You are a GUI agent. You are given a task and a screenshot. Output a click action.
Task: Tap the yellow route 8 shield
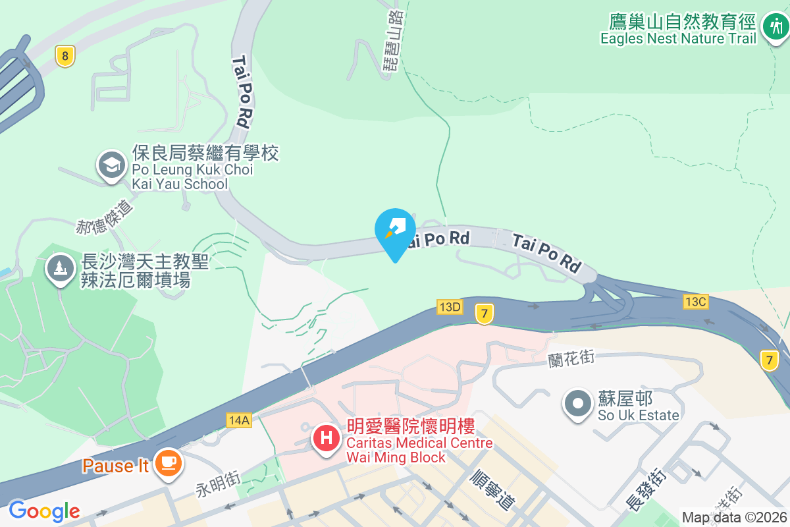pyautogui.click(x=64, y=56)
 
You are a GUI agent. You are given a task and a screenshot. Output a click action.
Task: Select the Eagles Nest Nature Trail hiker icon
pyautogui.click(x=774, y=27)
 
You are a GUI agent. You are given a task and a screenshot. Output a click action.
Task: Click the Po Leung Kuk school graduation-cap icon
pyautogui.click(x=113, y=165)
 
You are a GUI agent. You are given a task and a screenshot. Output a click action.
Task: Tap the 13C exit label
pyautogui.click(x=695, y=301)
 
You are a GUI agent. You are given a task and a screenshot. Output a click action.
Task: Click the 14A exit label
pyautogui.click(x=239, y=420)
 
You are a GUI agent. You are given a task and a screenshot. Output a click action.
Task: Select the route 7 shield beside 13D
pyautogui.click(x=485, y=314)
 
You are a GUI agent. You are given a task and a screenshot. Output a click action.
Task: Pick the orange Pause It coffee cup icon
pyautogui.click(x=169, y=463)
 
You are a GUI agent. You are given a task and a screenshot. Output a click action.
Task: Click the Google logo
pyautogui.click(x=44, y=511)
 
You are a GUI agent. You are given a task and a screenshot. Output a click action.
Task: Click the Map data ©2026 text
pyautogui.click(x=734, y=517)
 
